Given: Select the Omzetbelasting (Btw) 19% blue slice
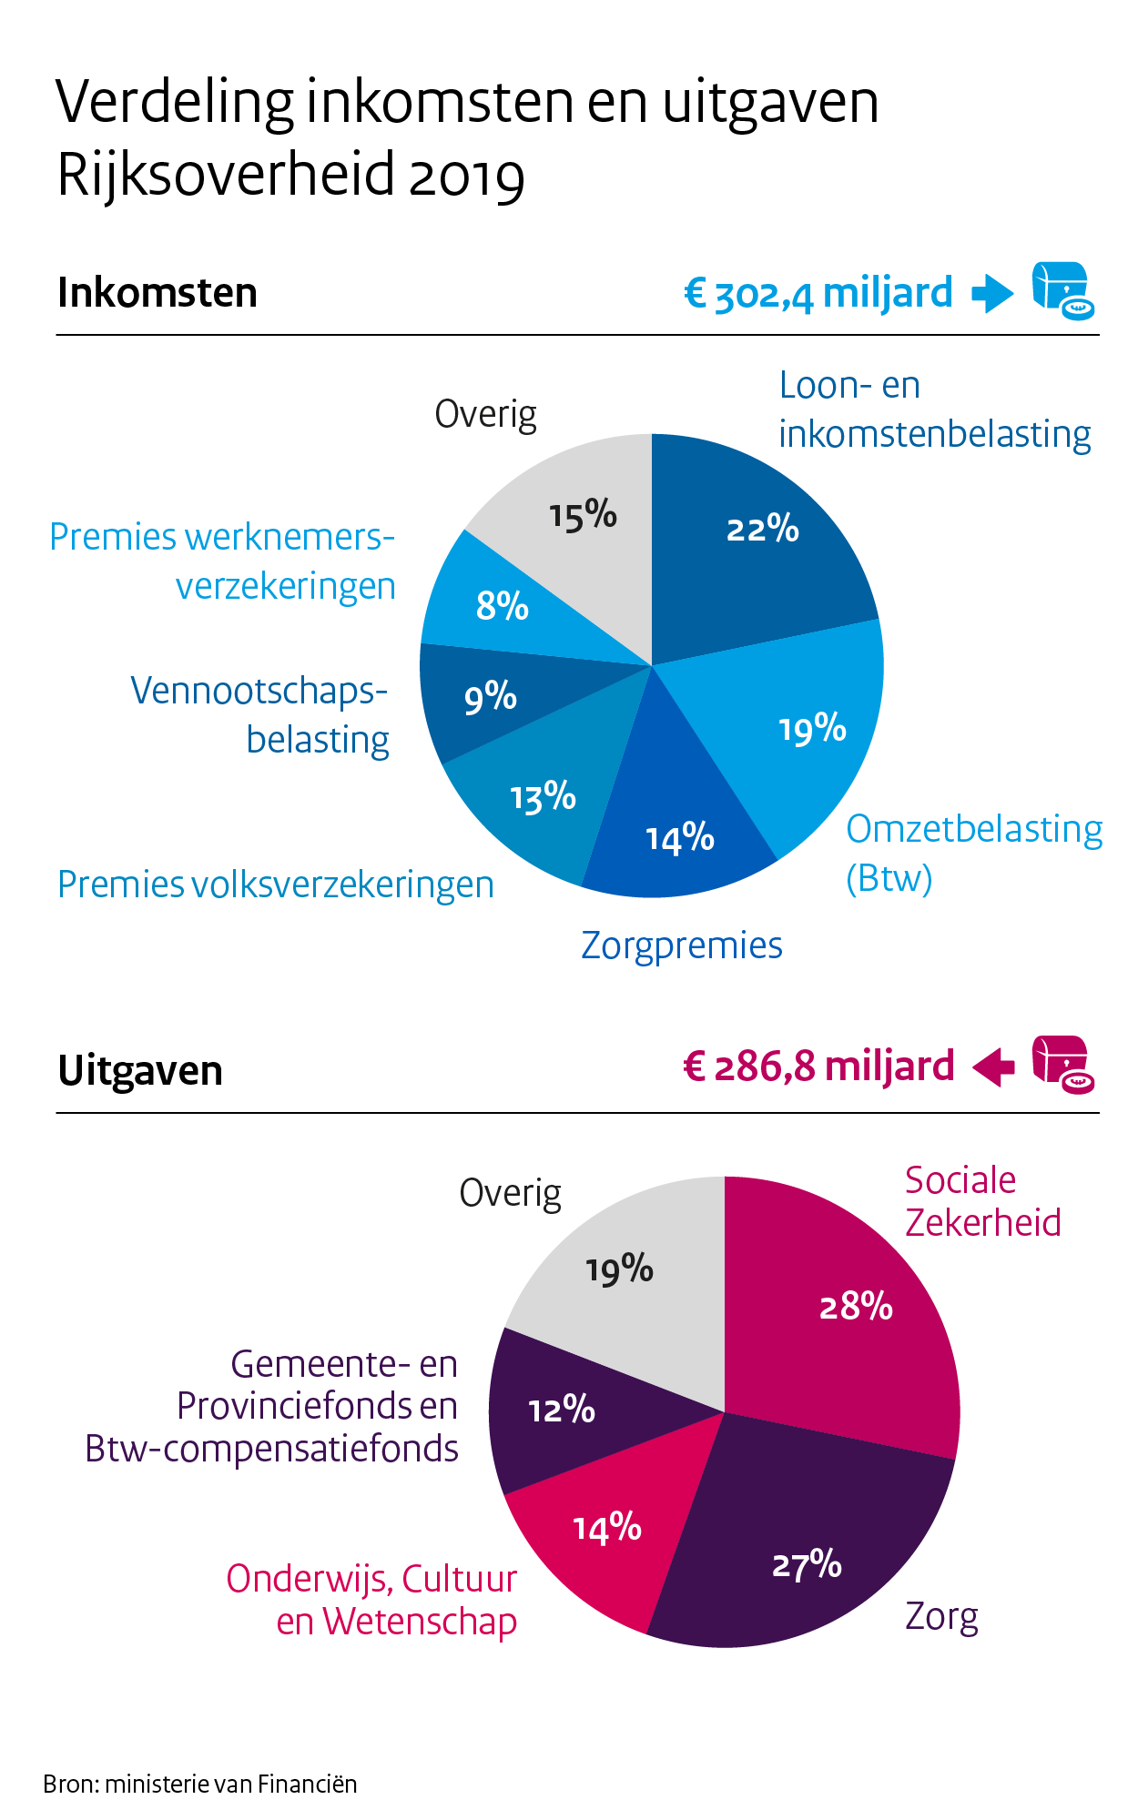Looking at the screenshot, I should tap(801, 728).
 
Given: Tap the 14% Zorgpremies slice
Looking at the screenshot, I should tap(678, 819).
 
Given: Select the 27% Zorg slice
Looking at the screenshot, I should tap(801, 1547).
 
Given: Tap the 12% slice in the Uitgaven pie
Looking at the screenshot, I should tap(564, 1410).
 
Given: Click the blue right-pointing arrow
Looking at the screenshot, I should tap(992, 294).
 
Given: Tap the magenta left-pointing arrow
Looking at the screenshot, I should tap(993, 1067).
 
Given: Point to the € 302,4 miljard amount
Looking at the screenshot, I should tap(818, 294).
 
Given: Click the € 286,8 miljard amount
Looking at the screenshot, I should tap(818, 1067).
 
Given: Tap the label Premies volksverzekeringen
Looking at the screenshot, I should tap(275, 885).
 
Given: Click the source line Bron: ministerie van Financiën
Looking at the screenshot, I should tap(200, 1784).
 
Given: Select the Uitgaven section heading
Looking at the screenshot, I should tap(140, 1071).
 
